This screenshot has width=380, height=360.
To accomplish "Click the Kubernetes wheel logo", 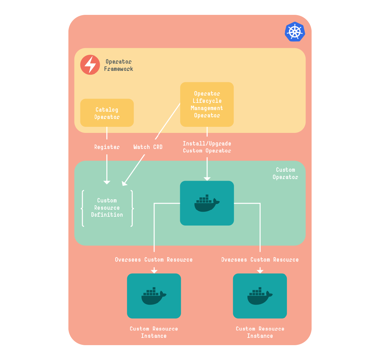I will point(294,32).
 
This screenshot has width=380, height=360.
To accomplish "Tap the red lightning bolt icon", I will point(90,65).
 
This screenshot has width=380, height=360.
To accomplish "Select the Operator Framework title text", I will point(118,65).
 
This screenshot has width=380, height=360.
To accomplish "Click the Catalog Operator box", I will point(107,113).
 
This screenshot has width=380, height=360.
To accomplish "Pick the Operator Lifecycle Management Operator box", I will point(207,104).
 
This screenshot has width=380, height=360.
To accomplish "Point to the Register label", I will point(107,147).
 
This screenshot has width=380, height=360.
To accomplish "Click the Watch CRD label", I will point(148,147).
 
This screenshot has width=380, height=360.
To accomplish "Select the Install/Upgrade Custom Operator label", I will point(207,147).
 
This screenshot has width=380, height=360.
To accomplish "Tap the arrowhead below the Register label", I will point(107,182).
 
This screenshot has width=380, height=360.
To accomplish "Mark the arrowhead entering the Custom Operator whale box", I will point(207,179).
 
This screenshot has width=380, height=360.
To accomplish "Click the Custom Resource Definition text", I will point(107,208).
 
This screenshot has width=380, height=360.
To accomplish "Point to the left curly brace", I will point(83,208).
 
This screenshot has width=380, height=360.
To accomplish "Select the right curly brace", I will point(132,208).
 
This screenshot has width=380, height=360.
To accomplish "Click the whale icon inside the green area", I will point(207,203).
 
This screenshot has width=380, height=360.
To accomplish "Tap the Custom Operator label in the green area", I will point(285,173).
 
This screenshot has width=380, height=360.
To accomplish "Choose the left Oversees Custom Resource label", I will point(154,260).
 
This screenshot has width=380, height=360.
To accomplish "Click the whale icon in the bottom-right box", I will point(260,296).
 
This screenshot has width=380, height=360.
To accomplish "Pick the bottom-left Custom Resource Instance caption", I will point(154,332).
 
